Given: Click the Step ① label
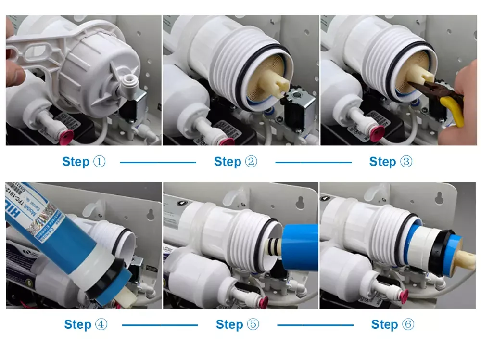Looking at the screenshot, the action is click(x=84, y=162).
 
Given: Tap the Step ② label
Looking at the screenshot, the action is click(x=236, y=162).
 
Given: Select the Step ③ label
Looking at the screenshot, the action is click(x=391, y=162).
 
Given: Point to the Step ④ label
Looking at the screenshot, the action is click(x=86, y=325).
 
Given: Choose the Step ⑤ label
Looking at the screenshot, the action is click(x=238, y=325).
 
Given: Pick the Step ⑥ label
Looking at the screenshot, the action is click(x=392, y=325).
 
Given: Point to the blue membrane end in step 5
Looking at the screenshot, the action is click(x=301, y=248).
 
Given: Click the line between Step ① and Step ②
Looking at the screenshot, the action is click(x=158, y=162).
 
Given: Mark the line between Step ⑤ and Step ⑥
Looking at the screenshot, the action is click(x=315, y=325).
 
